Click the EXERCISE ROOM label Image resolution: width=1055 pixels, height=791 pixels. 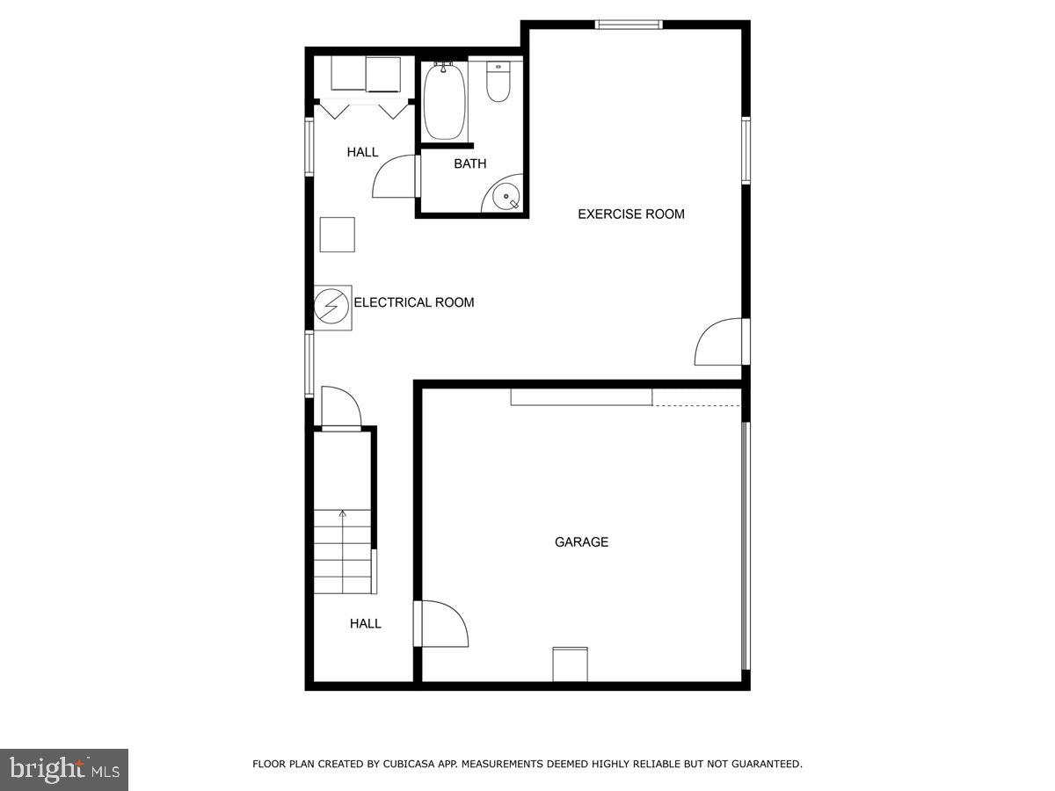tap(630, 214)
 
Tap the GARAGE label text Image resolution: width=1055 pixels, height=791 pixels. tap(581, 542)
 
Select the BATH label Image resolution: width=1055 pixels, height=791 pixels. tap(469, 163)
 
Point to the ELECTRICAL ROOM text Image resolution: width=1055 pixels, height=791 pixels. tap(413, 302)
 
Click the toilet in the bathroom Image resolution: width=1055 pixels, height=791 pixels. tap(498, 82)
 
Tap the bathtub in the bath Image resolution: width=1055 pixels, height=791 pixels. tap(443, 101)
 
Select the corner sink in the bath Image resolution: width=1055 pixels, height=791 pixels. tap(508, 197)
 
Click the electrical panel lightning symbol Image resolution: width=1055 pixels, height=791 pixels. tap(331, 307)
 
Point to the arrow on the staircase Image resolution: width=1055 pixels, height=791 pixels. tap(343, 514)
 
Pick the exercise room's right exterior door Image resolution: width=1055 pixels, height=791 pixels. tap(721, 343)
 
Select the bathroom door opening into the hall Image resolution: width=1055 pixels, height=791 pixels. tap(395, 177)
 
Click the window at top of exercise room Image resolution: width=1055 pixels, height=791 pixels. tap(629, 25)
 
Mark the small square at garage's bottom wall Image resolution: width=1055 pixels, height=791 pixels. tap(570, 664)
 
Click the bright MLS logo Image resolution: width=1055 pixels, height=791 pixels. tap(64, 769)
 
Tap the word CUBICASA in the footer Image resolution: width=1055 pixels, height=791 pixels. tap(411, 765)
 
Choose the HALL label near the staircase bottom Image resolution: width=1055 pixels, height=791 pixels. tap(366, 623)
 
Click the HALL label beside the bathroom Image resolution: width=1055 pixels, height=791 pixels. tap(362, 152)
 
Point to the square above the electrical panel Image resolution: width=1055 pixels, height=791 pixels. tap(337, 235)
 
